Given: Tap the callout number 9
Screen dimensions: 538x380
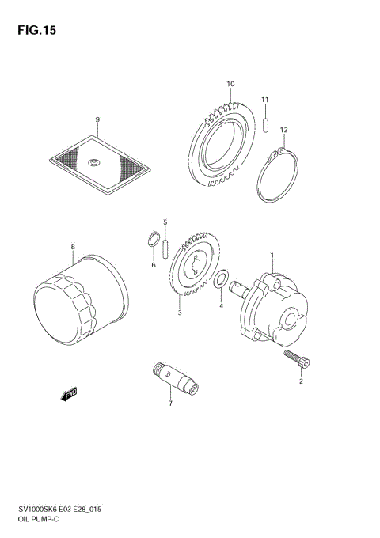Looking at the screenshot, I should click(x=97, y=120).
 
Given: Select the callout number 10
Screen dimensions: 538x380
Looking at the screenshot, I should click(x=230, y=84).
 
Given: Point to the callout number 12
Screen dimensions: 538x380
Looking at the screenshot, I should click(x=283, y=130).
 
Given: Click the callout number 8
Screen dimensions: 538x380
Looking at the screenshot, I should click(x=73, y=247).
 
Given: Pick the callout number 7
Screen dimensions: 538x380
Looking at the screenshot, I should click(x=169, y=403).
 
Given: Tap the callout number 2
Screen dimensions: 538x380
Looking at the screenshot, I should click(x=301, y=382).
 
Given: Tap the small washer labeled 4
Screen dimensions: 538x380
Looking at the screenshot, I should click(x=223, y=278).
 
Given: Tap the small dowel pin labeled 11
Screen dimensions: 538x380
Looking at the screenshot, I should click(x=267, y=123).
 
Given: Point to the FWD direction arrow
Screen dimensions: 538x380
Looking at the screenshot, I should click(x=70, y=393).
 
